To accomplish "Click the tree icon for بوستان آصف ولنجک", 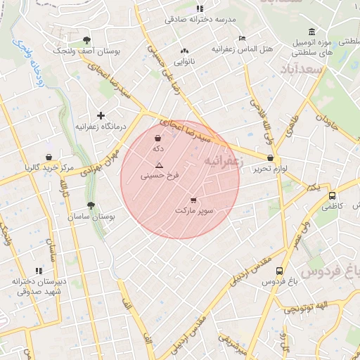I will pos(86,41).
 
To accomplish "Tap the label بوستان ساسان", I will pos(90,217).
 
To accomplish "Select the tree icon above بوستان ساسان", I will pos(91,205).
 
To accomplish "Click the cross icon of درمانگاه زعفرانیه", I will pos(101,115).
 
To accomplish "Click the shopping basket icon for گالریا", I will pos(49,157).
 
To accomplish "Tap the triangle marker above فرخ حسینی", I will pos(159,165).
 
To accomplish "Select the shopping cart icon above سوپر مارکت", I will pos(193,200).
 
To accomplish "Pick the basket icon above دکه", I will pos(157,139).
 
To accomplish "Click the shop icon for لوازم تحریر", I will pos(271,158).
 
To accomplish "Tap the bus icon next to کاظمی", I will pos(331,196).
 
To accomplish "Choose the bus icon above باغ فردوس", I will pos(280,271).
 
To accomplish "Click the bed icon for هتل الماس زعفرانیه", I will pos(243,38).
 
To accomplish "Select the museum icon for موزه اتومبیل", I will pos(311,32).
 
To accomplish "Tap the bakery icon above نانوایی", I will pos(185,51).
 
